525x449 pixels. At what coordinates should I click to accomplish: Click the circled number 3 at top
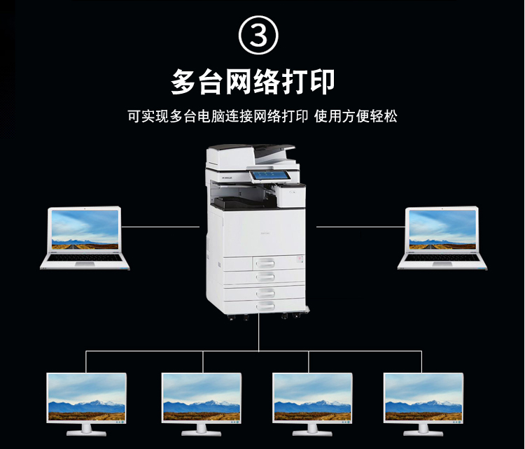[x=258, y=35]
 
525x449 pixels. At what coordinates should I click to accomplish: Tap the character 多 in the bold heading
[x=183, y=81]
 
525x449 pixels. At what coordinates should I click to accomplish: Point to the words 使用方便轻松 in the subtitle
[x=356, y=116]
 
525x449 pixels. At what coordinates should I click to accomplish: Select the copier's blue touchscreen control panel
[x=269, y=176]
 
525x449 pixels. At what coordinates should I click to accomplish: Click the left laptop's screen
[x=85, y=229]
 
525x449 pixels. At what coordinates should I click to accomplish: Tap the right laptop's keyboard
[x=442, y=257]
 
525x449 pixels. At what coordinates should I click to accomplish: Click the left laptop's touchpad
[x=85, y=264]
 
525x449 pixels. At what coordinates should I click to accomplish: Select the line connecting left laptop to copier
[x=160, y=227]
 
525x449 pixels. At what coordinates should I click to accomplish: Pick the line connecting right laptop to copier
[x=361, y=227]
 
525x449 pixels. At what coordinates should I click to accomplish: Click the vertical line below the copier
[x=259, y=332]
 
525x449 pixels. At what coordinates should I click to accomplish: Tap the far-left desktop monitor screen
[x=87, y=397]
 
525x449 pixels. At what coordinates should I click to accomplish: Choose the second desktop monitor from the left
[x=201, y=404]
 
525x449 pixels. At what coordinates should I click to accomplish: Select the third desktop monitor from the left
[x=312, y=404]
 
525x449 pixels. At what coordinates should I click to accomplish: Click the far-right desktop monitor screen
[x=423, y=397]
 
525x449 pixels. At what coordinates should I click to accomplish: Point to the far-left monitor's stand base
[x=86, y=433]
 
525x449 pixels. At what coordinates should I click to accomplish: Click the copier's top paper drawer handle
[x=265, y=264]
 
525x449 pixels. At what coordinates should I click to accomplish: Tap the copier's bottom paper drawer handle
[x=265, y=306]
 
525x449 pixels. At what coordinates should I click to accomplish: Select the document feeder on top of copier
[x=251, y=156]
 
